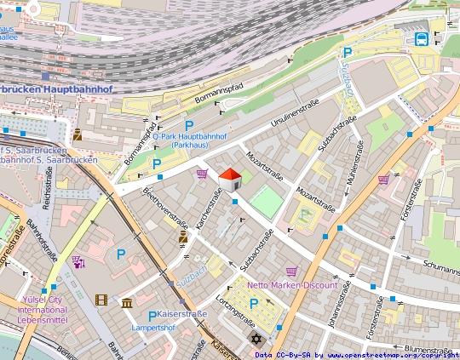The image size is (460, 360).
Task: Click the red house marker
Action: point(230,179)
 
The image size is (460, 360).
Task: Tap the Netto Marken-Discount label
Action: point(292,285)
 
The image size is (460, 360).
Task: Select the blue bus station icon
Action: point(421,38)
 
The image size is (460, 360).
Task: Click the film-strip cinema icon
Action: point(102,300)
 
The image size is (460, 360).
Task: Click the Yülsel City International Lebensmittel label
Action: point(54,311)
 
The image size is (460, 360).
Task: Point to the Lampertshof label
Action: point(154,327)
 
